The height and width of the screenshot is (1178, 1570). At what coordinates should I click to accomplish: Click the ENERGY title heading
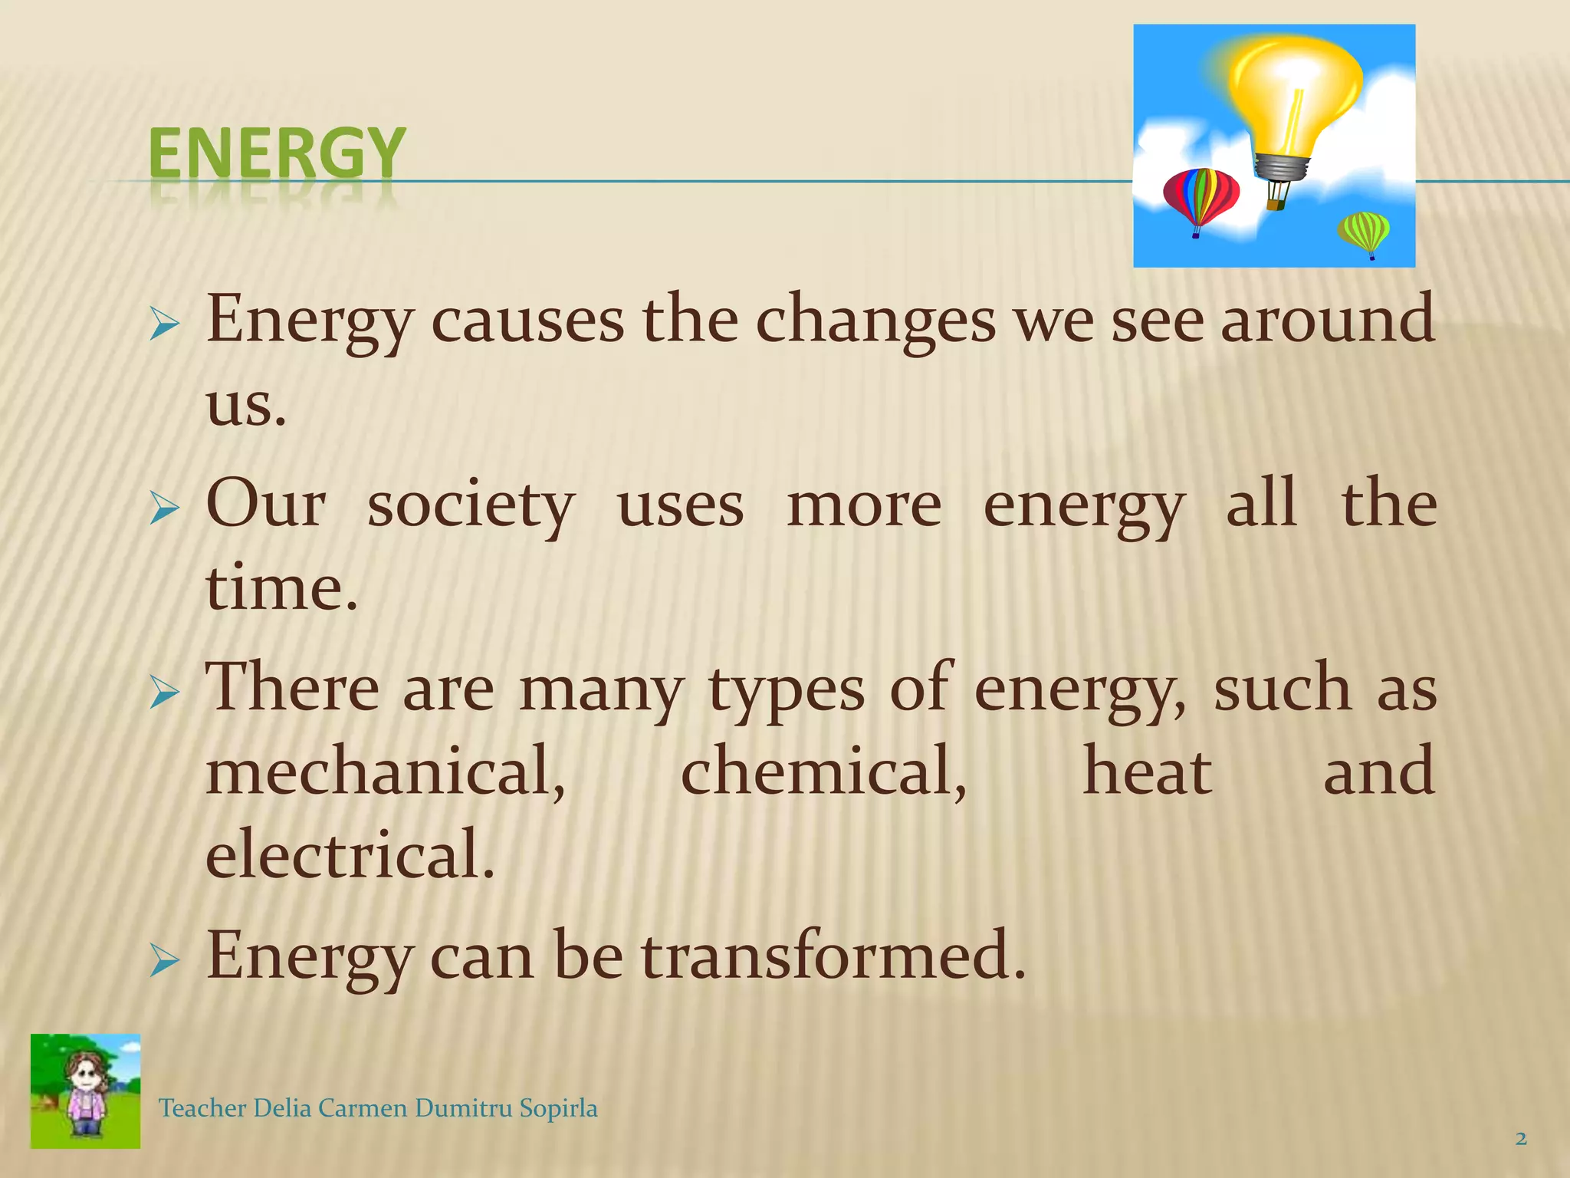(x=276, y=153)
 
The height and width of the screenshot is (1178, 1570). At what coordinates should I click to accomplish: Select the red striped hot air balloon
(x=1200, y=196)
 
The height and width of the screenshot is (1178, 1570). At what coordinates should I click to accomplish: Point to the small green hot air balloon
(x=1364, y=231)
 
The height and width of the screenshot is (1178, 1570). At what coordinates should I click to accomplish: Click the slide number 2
(x=1521, y=1139)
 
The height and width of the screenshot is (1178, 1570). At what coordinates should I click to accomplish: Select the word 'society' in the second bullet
(x=471, y=506)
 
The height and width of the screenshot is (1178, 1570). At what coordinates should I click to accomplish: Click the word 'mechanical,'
(x=386, y=771)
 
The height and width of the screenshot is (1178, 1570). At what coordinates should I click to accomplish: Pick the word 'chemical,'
(x=823, y=771)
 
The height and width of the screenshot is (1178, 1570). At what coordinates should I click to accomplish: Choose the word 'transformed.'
(x=833, y=956)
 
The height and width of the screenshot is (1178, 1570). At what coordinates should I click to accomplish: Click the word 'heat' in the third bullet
(x=1147, y=771)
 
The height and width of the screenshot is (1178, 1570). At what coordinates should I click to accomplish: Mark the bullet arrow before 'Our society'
(x=164, y=508)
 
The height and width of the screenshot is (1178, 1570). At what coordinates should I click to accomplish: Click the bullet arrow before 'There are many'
(x=164, y=693)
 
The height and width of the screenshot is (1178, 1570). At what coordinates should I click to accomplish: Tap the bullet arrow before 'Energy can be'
(x=164, y=960)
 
